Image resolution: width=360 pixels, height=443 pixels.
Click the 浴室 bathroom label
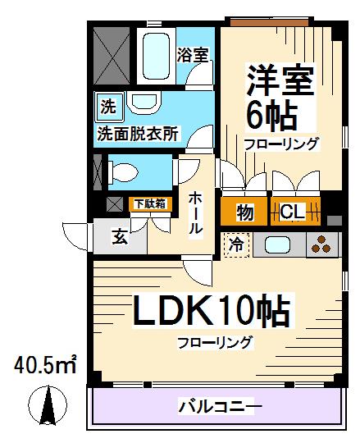coord(194,54)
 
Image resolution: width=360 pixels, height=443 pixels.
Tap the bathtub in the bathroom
coord(153,54)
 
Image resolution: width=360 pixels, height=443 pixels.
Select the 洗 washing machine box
coord(107,106)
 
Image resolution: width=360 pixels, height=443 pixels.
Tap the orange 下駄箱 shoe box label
coord(150,203)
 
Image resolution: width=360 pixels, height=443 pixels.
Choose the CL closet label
coord(293,212)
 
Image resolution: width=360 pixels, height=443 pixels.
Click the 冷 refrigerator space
coord(236,244)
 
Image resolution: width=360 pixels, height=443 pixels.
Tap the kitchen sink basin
coord(276,244)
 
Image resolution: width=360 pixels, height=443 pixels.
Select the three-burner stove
coord(322,244)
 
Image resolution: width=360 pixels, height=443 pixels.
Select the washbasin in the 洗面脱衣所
coord(145,104)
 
